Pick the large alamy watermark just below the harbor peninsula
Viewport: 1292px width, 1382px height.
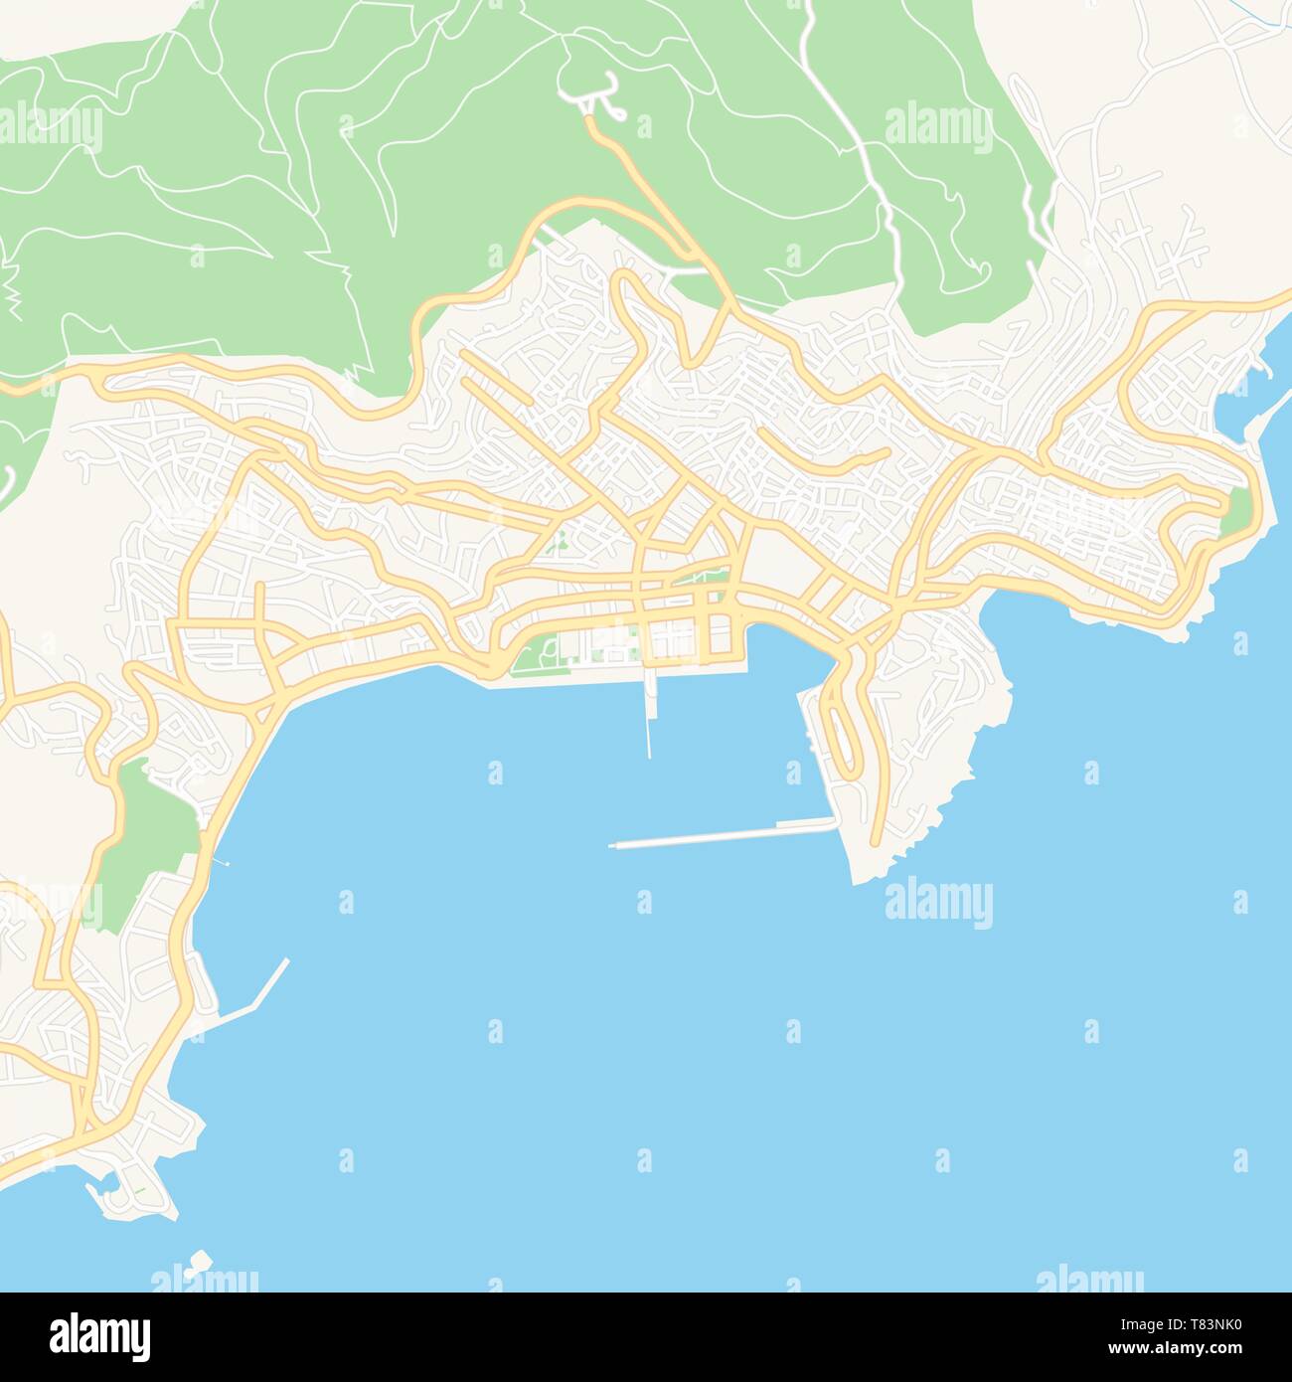938,903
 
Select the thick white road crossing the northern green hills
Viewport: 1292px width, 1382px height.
875,169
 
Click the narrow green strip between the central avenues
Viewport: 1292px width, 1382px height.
701,577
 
